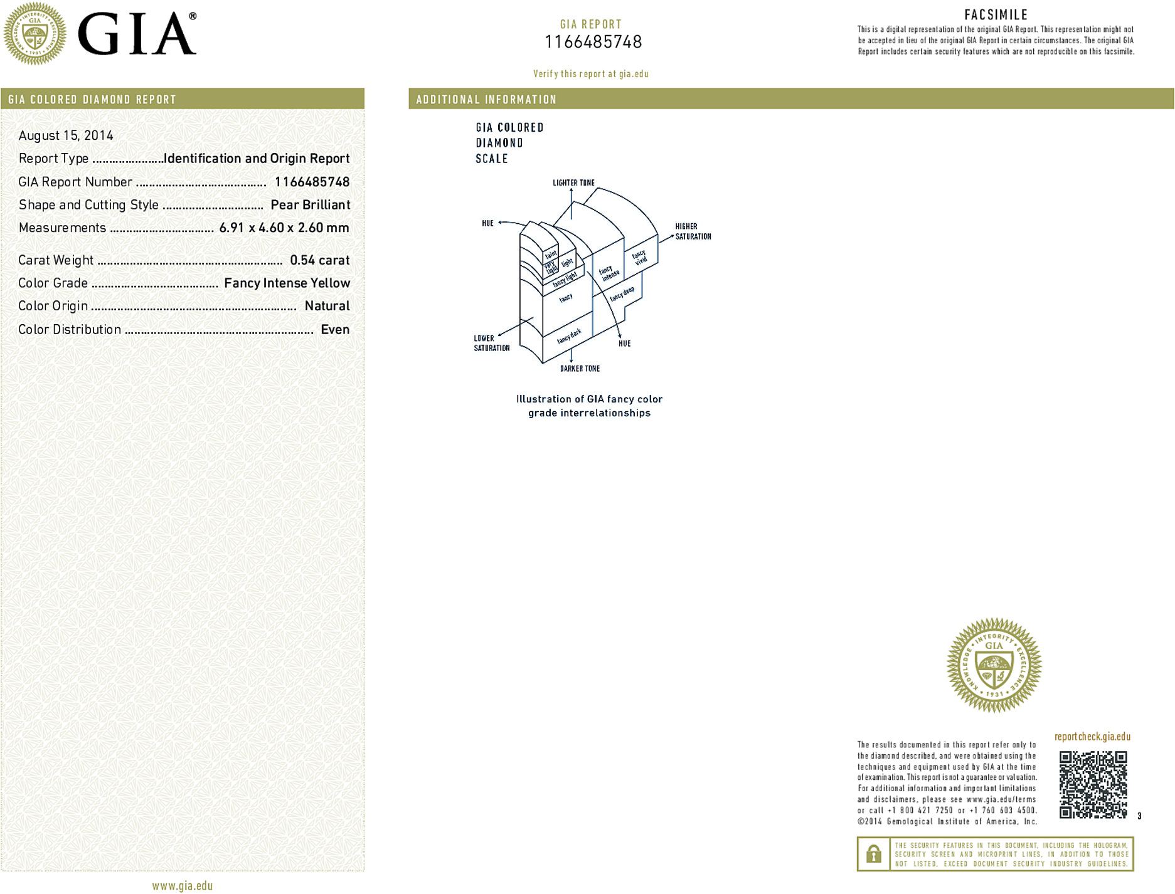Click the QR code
pyautogui.click(x=1093, y=784)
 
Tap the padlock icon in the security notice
pyautogui.click(x=873, y=853)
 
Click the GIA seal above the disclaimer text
pyautogui.click(x=994, y=665)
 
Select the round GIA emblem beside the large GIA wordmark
pyautogui.click(x=35, y=34)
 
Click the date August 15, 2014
pyautogui.click(x=66, y=135)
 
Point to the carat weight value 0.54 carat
pyautogui.click(x=319, y=260)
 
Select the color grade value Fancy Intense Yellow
pyautogui.click(x=287, y=283)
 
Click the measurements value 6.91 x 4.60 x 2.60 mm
pyautogui.click(x=284, y=228)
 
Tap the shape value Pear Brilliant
pyautogui.click(x=310, y=205)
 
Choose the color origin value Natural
pyautogui.click(x=327, y=306)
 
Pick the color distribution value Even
pyautogui.click(x=335, y=330)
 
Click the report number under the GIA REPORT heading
pyautogui.click(x=593, y=42)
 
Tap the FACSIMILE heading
pyautogui.click(x=996, y=15)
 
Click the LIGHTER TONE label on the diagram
pyautogui.click(x=573, y=183)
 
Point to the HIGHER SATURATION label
pyautogui.click(x=693, y=231)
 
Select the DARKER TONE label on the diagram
pyautogui.click(x=580, y=369)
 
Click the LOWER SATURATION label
pyautogui.click(x=491, y=343)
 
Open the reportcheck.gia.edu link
pyautogui.click(x=1092, y=737)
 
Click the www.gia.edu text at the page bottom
pyautogui.click(x=182, y=886)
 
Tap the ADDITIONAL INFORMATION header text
pyautogui.click(x=486, y=100)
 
